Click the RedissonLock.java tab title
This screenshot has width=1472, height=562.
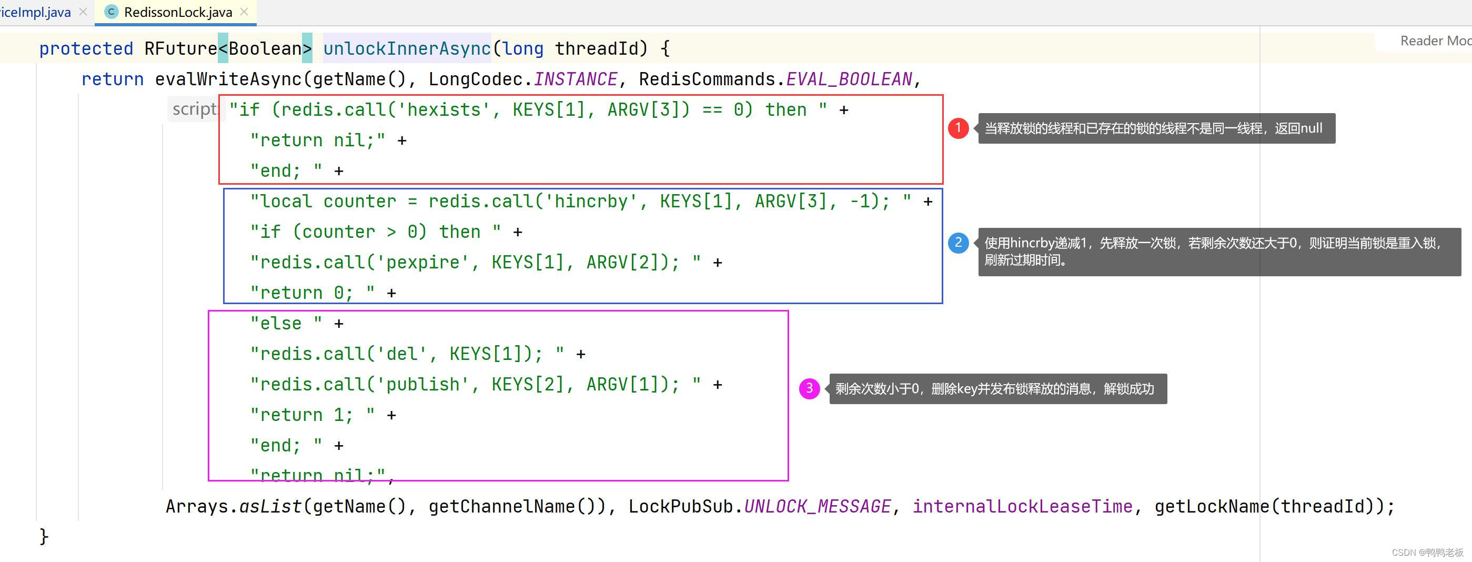click(x=178, y=12)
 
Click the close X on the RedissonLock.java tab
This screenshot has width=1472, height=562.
click(x=245, y=12)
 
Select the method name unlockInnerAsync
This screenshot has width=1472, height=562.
click(x=406, y=48)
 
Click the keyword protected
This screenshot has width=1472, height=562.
click(x=86, y=48)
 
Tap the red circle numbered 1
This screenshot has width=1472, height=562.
click(x=959, y=128)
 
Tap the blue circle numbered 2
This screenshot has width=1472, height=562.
click(x=959, y=243)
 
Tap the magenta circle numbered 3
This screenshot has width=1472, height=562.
click(x=809, y=389)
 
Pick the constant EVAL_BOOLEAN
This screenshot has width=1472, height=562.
click(x=849, y=79)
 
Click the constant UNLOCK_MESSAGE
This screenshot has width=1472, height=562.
click(x=817, y=507)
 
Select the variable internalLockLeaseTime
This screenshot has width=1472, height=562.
click(x=1022, y=507)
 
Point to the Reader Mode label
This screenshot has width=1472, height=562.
click(x=1434, y=41)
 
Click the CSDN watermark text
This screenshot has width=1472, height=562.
click(x=1427, y=553)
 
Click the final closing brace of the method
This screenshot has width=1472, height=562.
click(x=44, y=536)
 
